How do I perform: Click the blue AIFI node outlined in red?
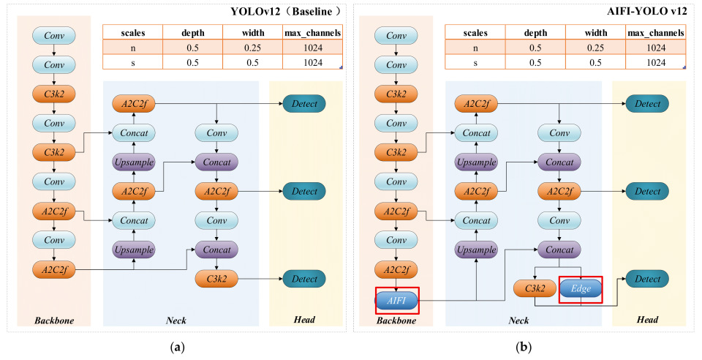coord(397,299)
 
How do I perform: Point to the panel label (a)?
coord(176,348)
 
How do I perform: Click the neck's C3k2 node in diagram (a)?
coord(216,279)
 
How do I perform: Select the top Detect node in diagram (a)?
coord(304,104)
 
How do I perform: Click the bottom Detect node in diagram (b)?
coord(646,279)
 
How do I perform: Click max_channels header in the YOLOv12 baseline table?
coord(313,33)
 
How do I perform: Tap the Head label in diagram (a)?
coord(304,320)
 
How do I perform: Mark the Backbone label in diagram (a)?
coord(54,320)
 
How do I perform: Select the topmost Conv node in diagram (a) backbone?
coord(54,34)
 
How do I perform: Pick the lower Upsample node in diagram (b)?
coord(475,250)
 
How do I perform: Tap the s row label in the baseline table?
coord(132,62)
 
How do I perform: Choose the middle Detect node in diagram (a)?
coord(304,192)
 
